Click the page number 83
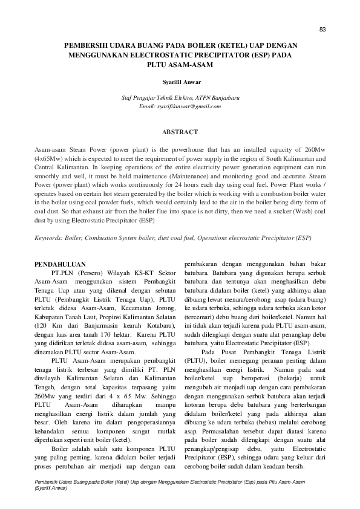pos(322,30)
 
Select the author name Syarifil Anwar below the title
pos(180,81)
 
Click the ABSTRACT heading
pos(180,132)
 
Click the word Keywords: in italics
pos(49,238)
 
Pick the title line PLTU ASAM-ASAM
pos(180,63)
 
